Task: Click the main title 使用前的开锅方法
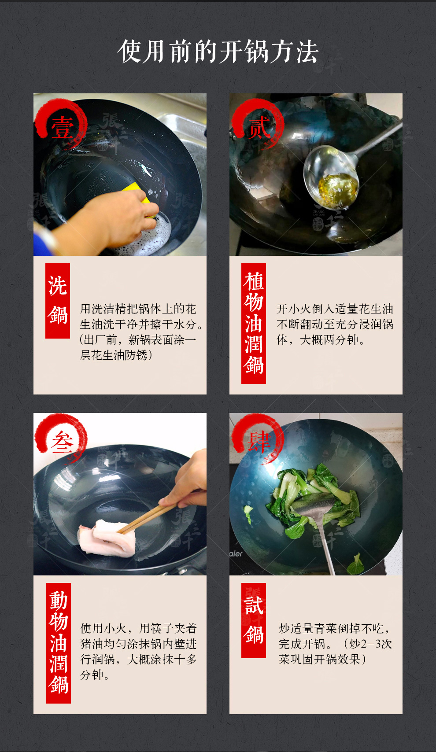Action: pyautogui.click(x=218, y=52)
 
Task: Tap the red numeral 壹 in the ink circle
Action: pyautogui.click(x=62, y=127)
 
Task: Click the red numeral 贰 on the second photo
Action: pyautogui.click(x=259, y=128)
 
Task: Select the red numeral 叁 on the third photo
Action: pyautogui.click(x=62, y=442)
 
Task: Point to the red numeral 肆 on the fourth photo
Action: pyautogui.click(x=259, y=441)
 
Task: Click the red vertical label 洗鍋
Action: pyautogui.click(x=58, y=300)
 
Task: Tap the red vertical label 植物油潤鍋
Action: pyautogui.click(x=254, y=323)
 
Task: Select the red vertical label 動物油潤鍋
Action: pyautogui.click(x=59, y=643)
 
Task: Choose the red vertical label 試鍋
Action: pyautogui.click(x=254, y=620)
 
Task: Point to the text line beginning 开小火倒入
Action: pyautogui.click(x=335, y=309)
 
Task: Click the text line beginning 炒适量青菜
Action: pyautogui.click(x=335, y=628)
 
